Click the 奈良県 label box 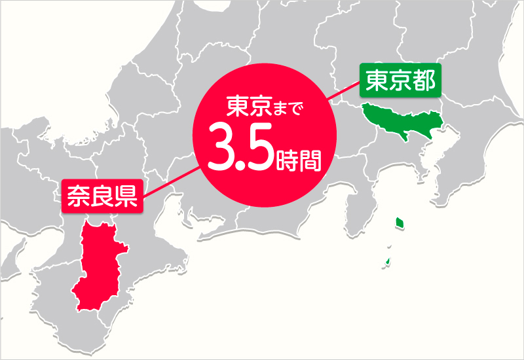[102, 195]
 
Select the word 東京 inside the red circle [247, 107]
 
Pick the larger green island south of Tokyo [398, 223]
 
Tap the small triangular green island [388, 263]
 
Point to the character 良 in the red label [102, 195]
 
